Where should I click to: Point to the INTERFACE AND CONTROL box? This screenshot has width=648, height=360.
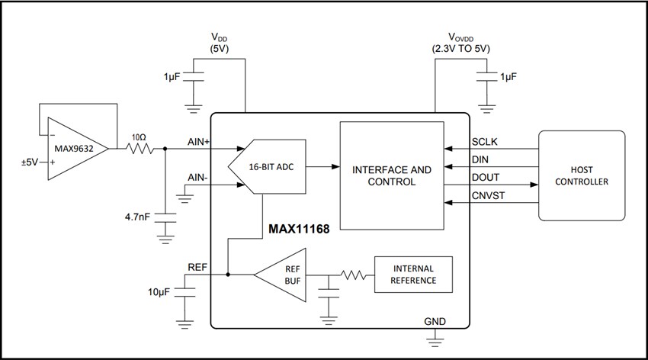pos(391,175)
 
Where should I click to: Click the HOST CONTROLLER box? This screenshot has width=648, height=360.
pos(582,175)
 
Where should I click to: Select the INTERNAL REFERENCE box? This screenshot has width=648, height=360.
pos(414,275)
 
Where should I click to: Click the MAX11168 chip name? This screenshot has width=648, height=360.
pos(299,228)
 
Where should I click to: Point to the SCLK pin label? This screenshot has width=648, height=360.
pos(486,142)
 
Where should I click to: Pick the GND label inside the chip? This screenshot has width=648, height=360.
pos(435,321)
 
